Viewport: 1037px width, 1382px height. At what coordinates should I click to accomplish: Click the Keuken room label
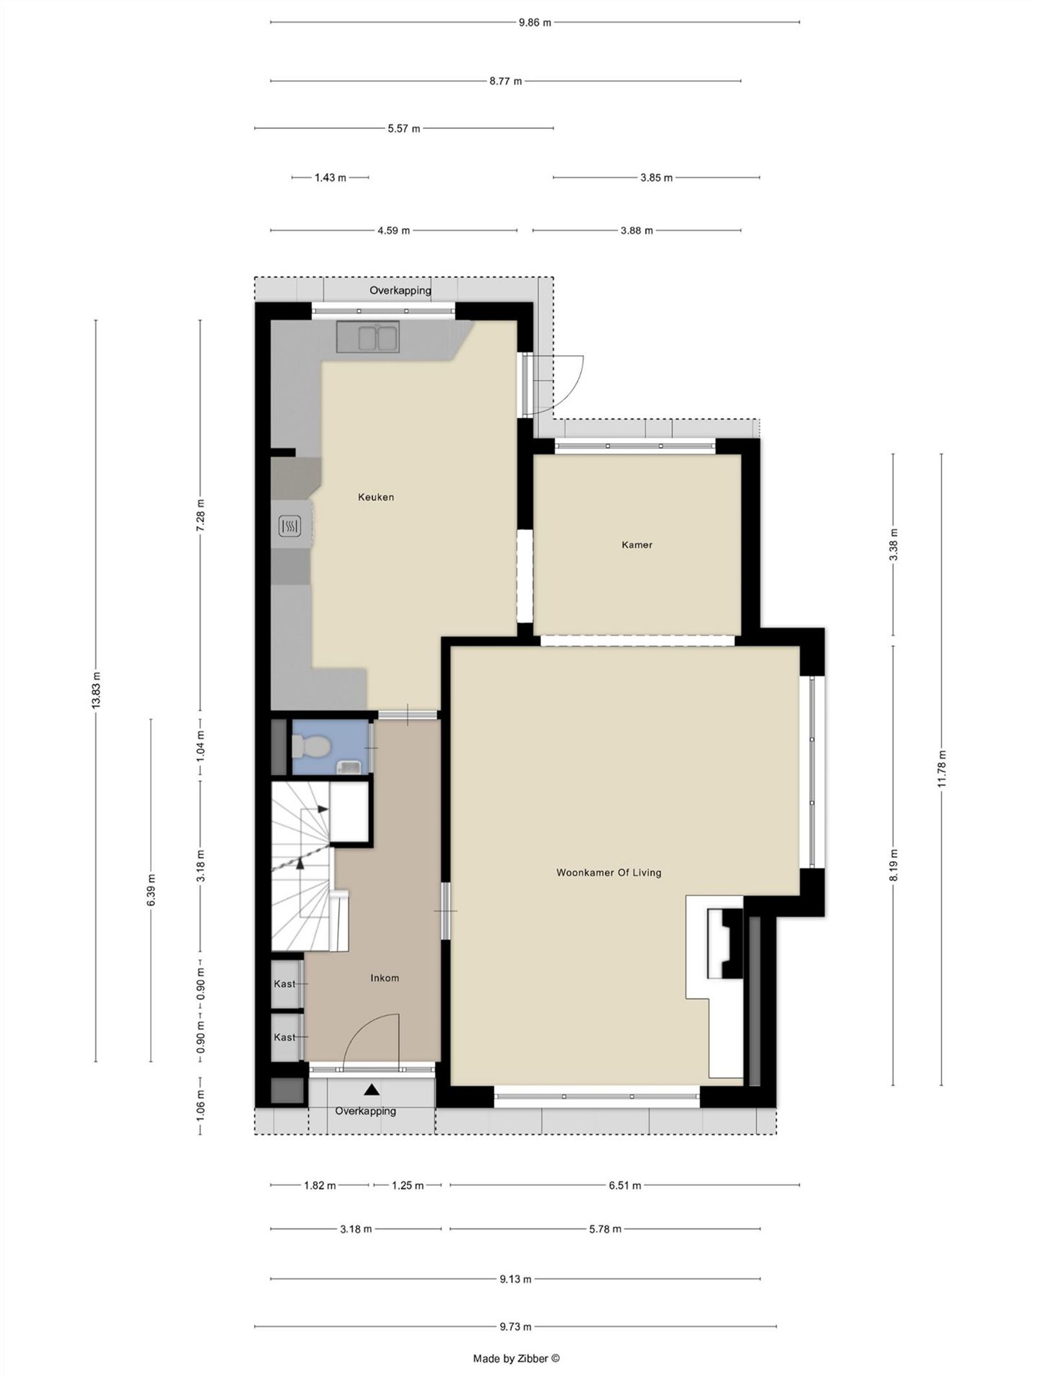(375, 497)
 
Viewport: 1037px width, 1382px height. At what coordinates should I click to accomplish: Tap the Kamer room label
(636, 545)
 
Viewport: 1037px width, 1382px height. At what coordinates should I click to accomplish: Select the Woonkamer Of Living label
(609, 873)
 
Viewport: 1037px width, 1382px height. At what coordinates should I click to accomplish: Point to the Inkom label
(384, 978)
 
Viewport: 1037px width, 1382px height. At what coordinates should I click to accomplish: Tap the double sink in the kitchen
(367, 337)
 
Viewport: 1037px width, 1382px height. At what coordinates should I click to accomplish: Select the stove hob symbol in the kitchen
(290, 526)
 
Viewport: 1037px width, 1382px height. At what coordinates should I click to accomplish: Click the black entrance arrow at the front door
(371, 1090)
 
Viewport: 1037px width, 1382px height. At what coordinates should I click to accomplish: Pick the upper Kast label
(284, 984)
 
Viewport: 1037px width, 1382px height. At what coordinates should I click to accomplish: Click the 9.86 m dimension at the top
(535, 23)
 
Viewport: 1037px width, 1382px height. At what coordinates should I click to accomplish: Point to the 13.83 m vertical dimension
(96, 691)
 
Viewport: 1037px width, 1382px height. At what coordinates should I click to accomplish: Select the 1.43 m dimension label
(330, 178)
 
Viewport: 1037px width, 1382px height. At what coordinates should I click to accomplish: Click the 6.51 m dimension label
(625, 1186)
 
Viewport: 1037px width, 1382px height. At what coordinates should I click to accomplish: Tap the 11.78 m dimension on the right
(941, 769)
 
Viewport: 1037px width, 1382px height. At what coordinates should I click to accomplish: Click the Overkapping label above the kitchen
(400, 290)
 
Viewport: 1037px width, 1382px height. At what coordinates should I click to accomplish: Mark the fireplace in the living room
(725, 944)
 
